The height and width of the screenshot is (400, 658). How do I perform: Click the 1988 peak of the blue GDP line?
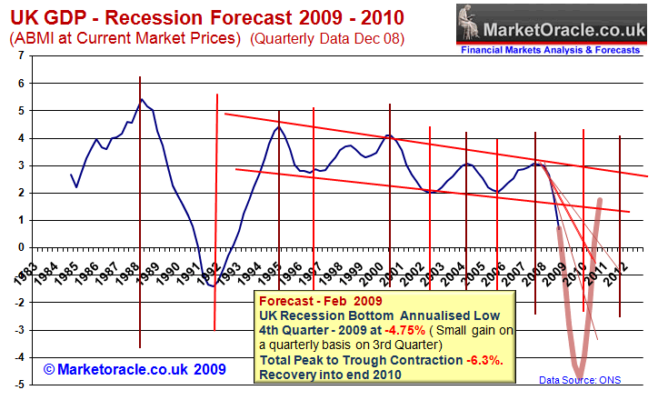[x=141, y=100]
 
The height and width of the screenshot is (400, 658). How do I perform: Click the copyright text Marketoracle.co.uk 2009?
[x=134, y=369]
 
